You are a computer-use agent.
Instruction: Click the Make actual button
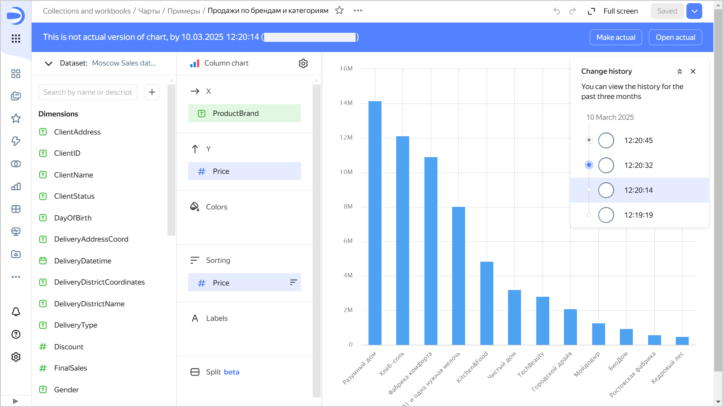pos(616,37)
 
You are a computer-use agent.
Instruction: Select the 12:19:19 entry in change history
pos(638,215)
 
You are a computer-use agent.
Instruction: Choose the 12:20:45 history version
pos(638,140)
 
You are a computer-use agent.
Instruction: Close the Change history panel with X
pos(693,72)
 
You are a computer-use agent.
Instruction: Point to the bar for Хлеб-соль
pos(402,240)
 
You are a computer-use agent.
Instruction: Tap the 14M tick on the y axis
pos(346,103)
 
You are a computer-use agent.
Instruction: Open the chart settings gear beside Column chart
pos(303,63)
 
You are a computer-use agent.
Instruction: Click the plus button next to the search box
pos(152,92)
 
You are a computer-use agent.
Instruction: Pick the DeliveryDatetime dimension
pos(82,261)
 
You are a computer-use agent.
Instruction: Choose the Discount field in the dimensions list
pos(69,347)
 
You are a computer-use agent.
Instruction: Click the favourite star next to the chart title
pos(339,11)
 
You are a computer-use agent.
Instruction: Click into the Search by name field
pos(88,92)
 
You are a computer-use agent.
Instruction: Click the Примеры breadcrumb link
pos(184,11)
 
